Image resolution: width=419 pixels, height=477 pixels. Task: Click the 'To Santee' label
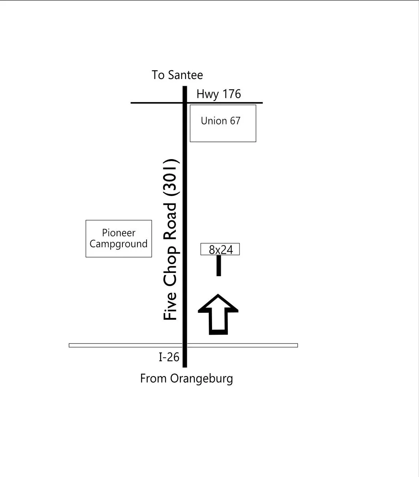[177, 75]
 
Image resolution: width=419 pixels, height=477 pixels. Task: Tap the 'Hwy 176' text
[219, 94]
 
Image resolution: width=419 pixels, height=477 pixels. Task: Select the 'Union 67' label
[220, 121]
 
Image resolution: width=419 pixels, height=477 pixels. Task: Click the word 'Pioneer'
[118, 233]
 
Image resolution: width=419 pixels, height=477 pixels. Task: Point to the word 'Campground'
[118, 244]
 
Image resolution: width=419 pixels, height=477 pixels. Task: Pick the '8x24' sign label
[221, 249]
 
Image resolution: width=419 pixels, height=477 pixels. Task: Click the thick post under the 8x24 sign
[219, 266]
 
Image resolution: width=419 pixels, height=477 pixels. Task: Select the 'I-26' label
[169, 357]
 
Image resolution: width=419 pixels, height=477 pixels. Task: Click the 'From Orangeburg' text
[186, 379]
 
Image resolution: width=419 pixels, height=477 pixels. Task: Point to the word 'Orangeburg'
[201, 379]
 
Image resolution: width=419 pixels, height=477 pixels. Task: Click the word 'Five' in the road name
[170, 306]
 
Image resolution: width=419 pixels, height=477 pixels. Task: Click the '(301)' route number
[171, 177]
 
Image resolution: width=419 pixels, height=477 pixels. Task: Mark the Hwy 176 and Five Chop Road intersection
[185, 103]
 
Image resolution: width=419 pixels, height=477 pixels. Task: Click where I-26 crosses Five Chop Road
[185, 345]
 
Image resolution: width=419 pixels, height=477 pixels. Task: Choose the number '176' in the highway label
[232, 94]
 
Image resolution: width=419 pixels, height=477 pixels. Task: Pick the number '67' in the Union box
[235, 121]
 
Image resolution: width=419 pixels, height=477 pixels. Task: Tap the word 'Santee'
[185, 75]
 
